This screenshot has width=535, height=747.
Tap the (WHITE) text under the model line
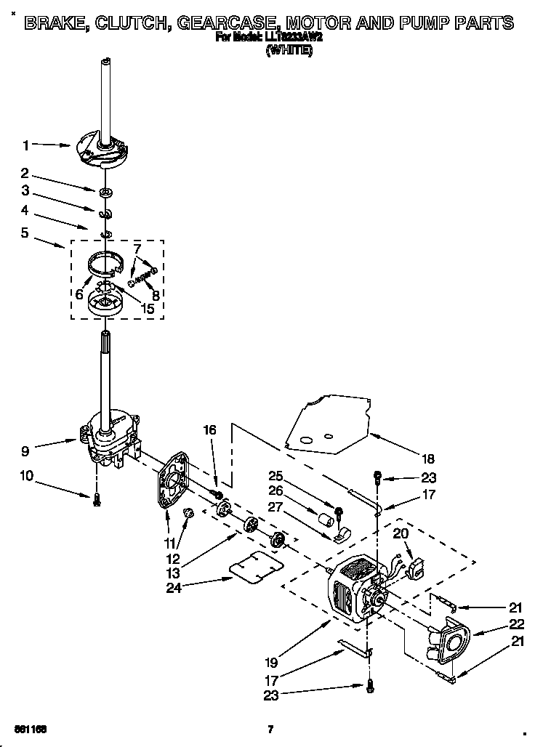click(x=289, y=49)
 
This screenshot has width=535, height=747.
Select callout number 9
click(x=25, y=451)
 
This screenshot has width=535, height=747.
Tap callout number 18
click(x=427, y=459)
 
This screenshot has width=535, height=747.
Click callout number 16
click(x=209, y=430)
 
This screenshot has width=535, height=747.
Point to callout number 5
click(x=25, y=233)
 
